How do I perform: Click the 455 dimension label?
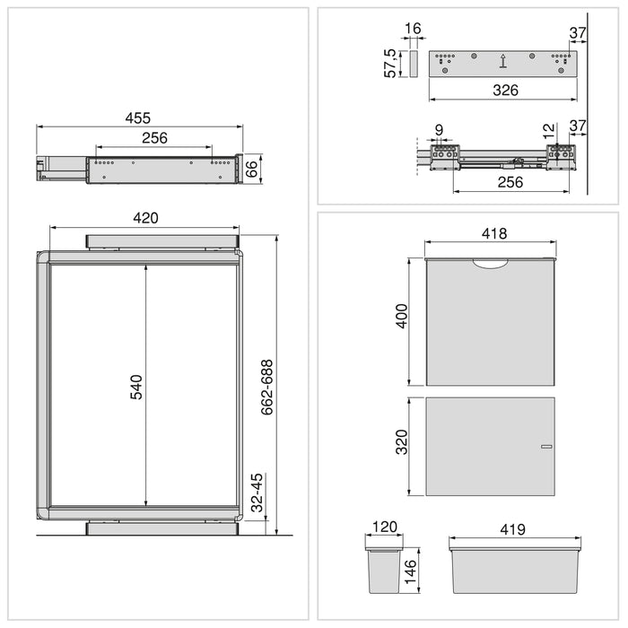pyautogui.click(x=137, y=118)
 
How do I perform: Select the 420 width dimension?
pyautogui.click(x=145, y=218)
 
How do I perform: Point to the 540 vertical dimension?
pyautogui.click(x=136, y=387)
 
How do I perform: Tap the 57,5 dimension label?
pyautogui.click(x=391, y=64)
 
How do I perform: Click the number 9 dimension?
pyautogui.click(x=438, y=131)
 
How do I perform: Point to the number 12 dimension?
pyautogui.click(x=549, y=131)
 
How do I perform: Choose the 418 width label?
pyautogui.click(x=493, y=233)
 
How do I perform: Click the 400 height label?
pyautogui.click(x=402, y=318)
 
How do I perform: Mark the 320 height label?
pyautogui.click(x=402, y=441)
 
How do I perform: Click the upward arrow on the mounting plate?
pyautogui.click(x=503, y=62)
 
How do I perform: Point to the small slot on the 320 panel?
pyautogui.click(x=545, y=446)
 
